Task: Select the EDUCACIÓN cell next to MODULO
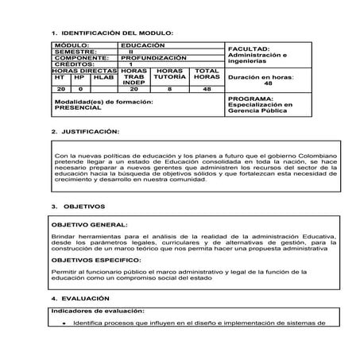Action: pos(142,46)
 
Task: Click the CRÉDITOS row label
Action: pos(75,64)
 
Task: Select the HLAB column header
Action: pos(103,77)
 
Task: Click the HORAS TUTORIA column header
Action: pos(169,74)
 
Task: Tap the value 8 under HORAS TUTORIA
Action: pos(169,90)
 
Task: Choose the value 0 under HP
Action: pos(79,90)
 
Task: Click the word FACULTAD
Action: pos(248,48)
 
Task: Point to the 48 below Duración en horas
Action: pos(267,83)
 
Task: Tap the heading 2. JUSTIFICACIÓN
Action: pos(85,130)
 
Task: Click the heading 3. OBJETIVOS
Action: pos(79,206)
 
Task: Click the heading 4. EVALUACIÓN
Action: pos(80,299)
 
